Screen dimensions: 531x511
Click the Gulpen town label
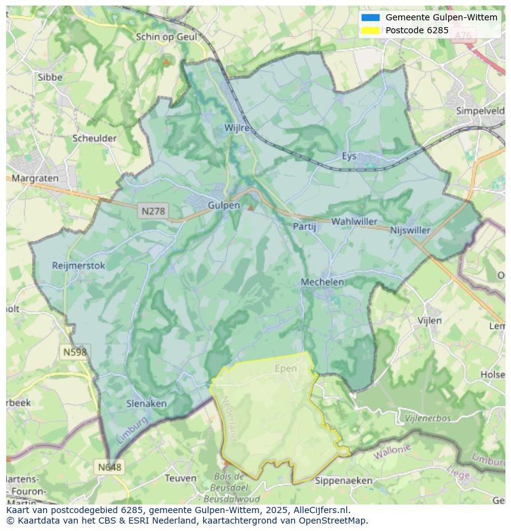coord(223,205)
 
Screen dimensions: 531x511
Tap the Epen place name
coord(285,369)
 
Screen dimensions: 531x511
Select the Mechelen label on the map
coord(322,282)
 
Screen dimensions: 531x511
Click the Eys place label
coord(349,156)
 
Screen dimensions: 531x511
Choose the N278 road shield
coord(153,211)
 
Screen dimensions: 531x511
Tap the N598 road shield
coord(75,352)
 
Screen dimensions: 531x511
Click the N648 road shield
coord(109,467)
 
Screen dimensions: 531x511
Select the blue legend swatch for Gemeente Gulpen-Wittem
coord(370,17)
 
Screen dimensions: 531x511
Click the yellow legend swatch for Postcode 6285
coord(370,30)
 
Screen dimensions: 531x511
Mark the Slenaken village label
coord(146,403)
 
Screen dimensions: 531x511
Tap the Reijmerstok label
coord(79,266)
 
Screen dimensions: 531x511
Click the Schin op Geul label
coord(166,37)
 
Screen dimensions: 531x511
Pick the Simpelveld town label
coord(480,111)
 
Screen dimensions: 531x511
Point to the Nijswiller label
coord(410,230)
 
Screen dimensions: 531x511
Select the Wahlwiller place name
coord(354,221)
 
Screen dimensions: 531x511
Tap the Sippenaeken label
coord(343,480)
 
